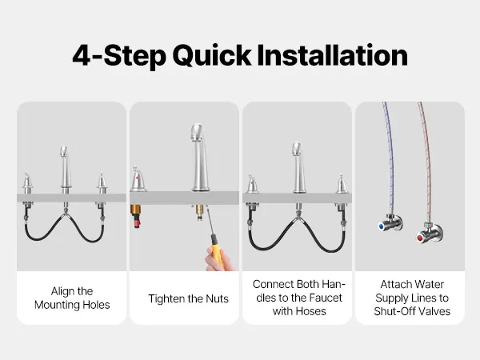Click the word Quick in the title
pos(212,55)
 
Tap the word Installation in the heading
pos(332,54)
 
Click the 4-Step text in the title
pos(119,56)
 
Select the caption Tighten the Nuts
pos(188,298)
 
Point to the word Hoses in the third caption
pos(310,311)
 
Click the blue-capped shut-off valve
pos(390,223)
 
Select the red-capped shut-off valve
pos(430,233)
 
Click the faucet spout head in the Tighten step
pos(197,132)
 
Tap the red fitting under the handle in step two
pos(136,221)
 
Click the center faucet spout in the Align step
pos(65,170)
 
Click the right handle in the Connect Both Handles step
pos(342,184)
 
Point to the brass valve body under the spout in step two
pos(199,212)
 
